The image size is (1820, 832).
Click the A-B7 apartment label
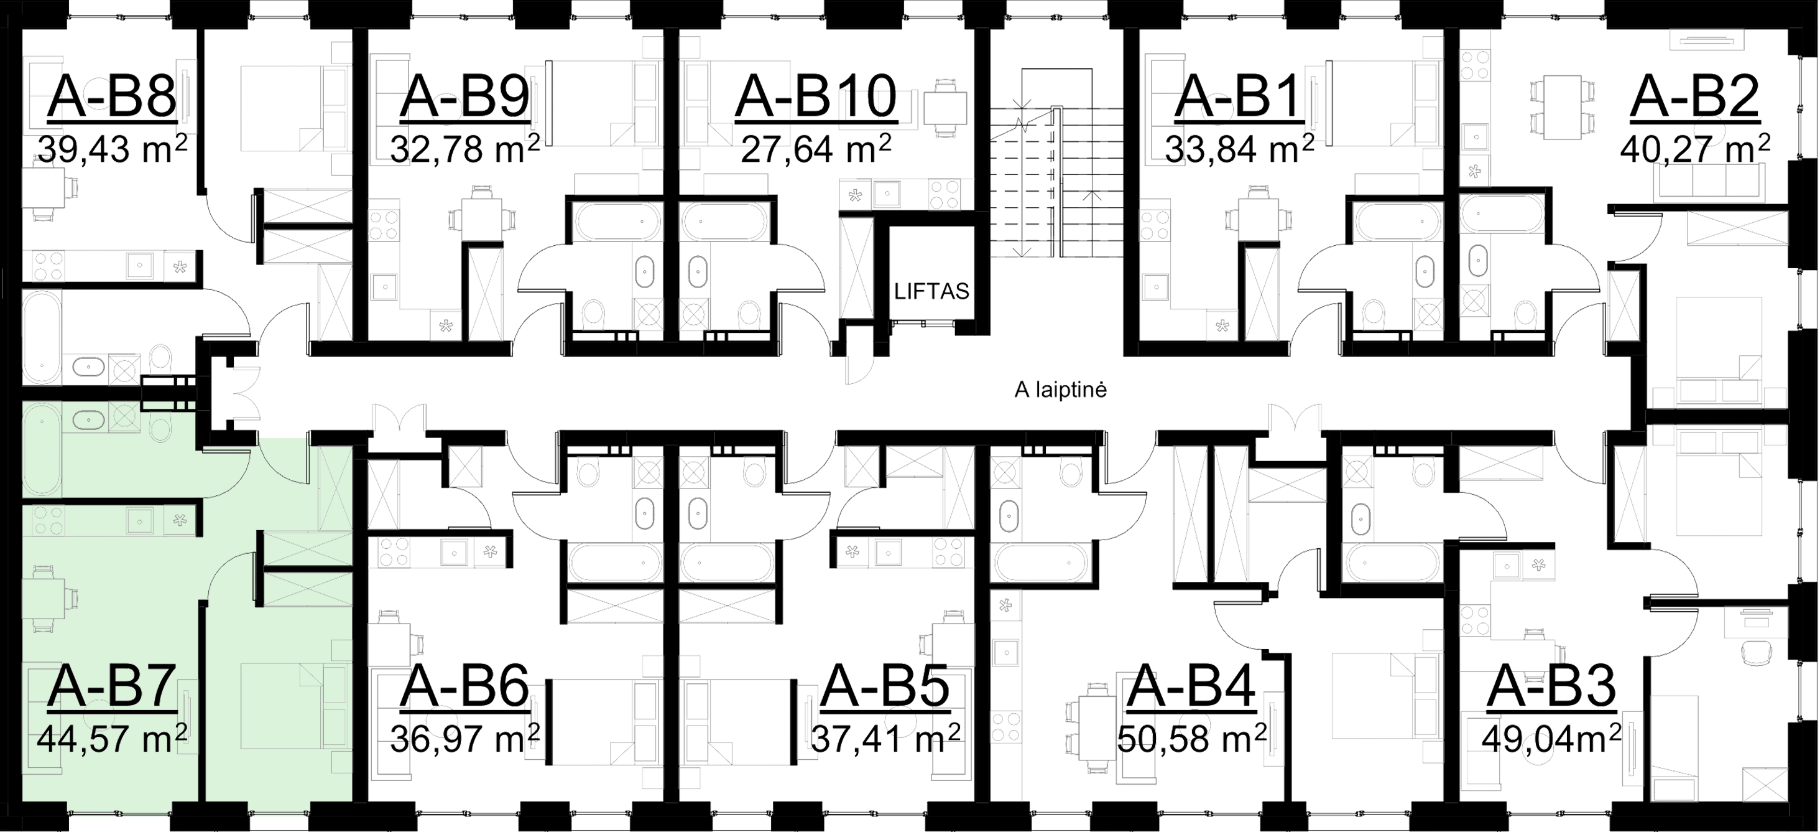click(112, 686)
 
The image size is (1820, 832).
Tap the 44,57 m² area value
click(112, 739)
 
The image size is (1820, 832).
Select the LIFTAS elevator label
click(932, 291)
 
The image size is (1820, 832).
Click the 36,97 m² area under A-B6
click(465, 739)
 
